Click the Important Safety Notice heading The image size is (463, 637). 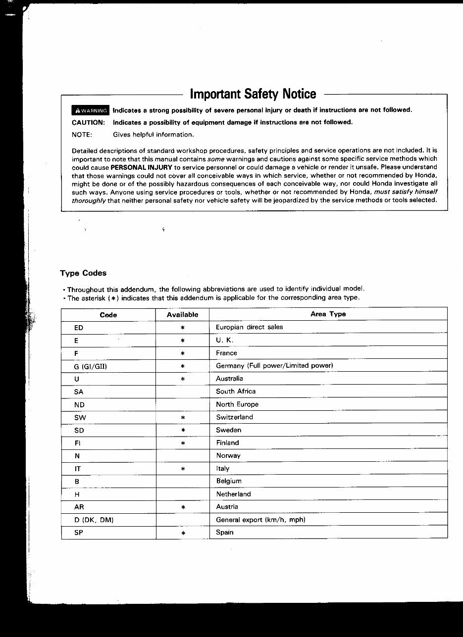pyautogui.click(x=253, y=94)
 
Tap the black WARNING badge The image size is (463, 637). pyautogui.click(x=90, y=110)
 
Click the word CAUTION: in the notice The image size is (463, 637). pyautogui.click(x=88, y=122)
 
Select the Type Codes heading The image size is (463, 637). pyautogui.click(x=83, y=273)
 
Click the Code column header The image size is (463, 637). pyautogui.click(x=108, y=314)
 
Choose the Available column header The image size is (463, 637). pyautogui.click(x=182, y=314)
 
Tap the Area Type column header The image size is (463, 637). pyautogui.click(x=328, y=314)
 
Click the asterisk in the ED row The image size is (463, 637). pyautogui.click(x=183, y=328)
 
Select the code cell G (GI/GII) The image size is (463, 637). pyautogui.click(x=91, y=366)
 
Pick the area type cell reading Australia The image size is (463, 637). pyautogui.click(x=229, y=379)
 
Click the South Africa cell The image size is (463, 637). pyautogui.click(x=236, y=392)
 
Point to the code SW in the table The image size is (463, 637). pyautogui.click(x=80, y=418)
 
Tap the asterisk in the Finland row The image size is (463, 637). pyautogui.click(x=183, y=443)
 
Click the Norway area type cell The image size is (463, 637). pyautogui.click(x=228, y=456)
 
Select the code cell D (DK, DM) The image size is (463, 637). pyautogui.click(x=94, y=520)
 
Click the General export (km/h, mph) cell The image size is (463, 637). pyautogui.click(x=260, y=520)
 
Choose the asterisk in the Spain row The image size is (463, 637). pyautogui.click(x=183, y=534)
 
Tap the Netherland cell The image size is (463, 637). pyautogui.click(x=233, y=494)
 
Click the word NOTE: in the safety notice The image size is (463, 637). pyautogui.click(x=82, y=135)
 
